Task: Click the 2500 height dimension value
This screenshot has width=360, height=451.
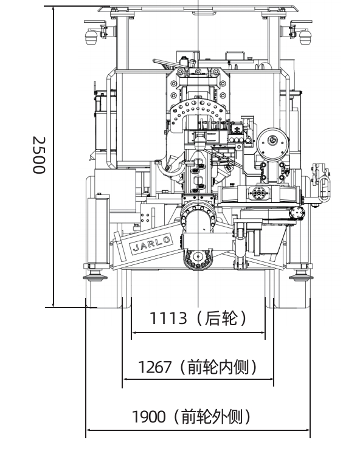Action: point(39,155)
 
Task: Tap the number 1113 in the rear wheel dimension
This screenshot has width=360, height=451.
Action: point(168,318)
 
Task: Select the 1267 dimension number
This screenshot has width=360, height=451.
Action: point(155,367)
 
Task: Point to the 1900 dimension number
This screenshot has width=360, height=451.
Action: point(149,416)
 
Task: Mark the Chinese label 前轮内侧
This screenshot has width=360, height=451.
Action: point(218,367)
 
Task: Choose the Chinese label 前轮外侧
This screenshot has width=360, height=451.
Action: point(212,416)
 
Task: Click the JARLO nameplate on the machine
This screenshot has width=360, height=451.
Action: point(151,244)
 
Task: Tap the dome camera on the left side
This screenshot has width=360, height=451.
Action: point(92,36)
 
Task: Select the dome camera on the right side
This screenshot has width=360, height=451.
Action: point(305,36)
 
